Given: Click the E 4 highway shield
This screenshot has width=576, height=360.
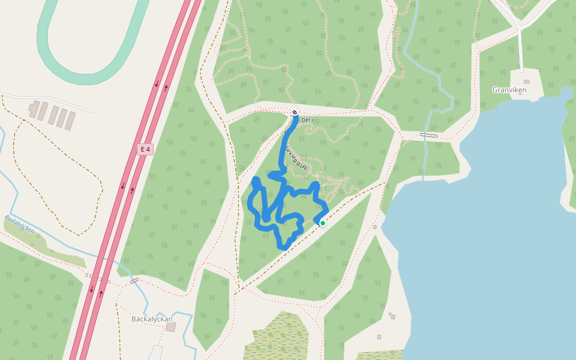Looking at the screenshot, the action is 144,149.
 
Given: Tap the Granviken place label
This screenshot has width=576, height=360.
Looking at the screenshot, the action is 509,90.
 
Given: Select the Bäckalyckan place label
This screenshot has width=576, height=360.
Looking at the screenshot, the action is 152,319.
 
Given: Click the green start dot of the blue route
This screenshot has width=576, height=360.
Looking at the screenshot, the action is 322,223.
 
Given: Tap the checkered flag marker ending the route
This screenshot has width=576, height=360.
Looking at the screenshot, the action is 295,112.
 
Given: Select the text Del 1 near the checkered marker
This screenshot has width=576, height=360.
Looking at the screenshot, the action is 307,120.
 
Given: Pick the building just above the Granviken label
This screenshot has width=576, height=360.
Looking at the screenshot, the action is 527,82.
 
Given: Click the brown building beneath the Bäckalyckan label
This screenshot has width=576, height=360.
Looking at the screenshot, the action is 171,328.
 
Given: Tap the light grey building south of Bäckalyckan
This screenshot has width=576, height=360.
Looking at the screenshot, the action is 155,353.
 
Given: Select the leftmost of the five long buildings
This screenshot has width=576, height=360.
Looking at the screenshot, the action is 34,109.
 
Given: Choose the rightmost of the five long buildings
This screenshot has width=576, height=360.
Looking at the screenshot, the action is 71,121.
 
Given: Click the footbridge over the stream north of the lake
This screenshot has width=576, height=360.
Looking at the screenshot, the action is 428,135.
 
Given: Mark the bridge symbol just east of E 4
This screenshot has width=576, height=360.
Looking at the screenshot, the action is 134,280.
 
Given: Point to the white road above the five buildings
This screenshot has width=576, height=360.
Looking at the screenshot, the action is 48,101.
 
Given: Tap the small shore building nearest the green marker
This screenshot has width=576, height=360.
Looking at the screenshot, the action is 374,227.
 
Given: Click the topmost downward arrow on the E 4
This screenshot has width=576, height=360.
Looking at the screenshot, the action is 157,85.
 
